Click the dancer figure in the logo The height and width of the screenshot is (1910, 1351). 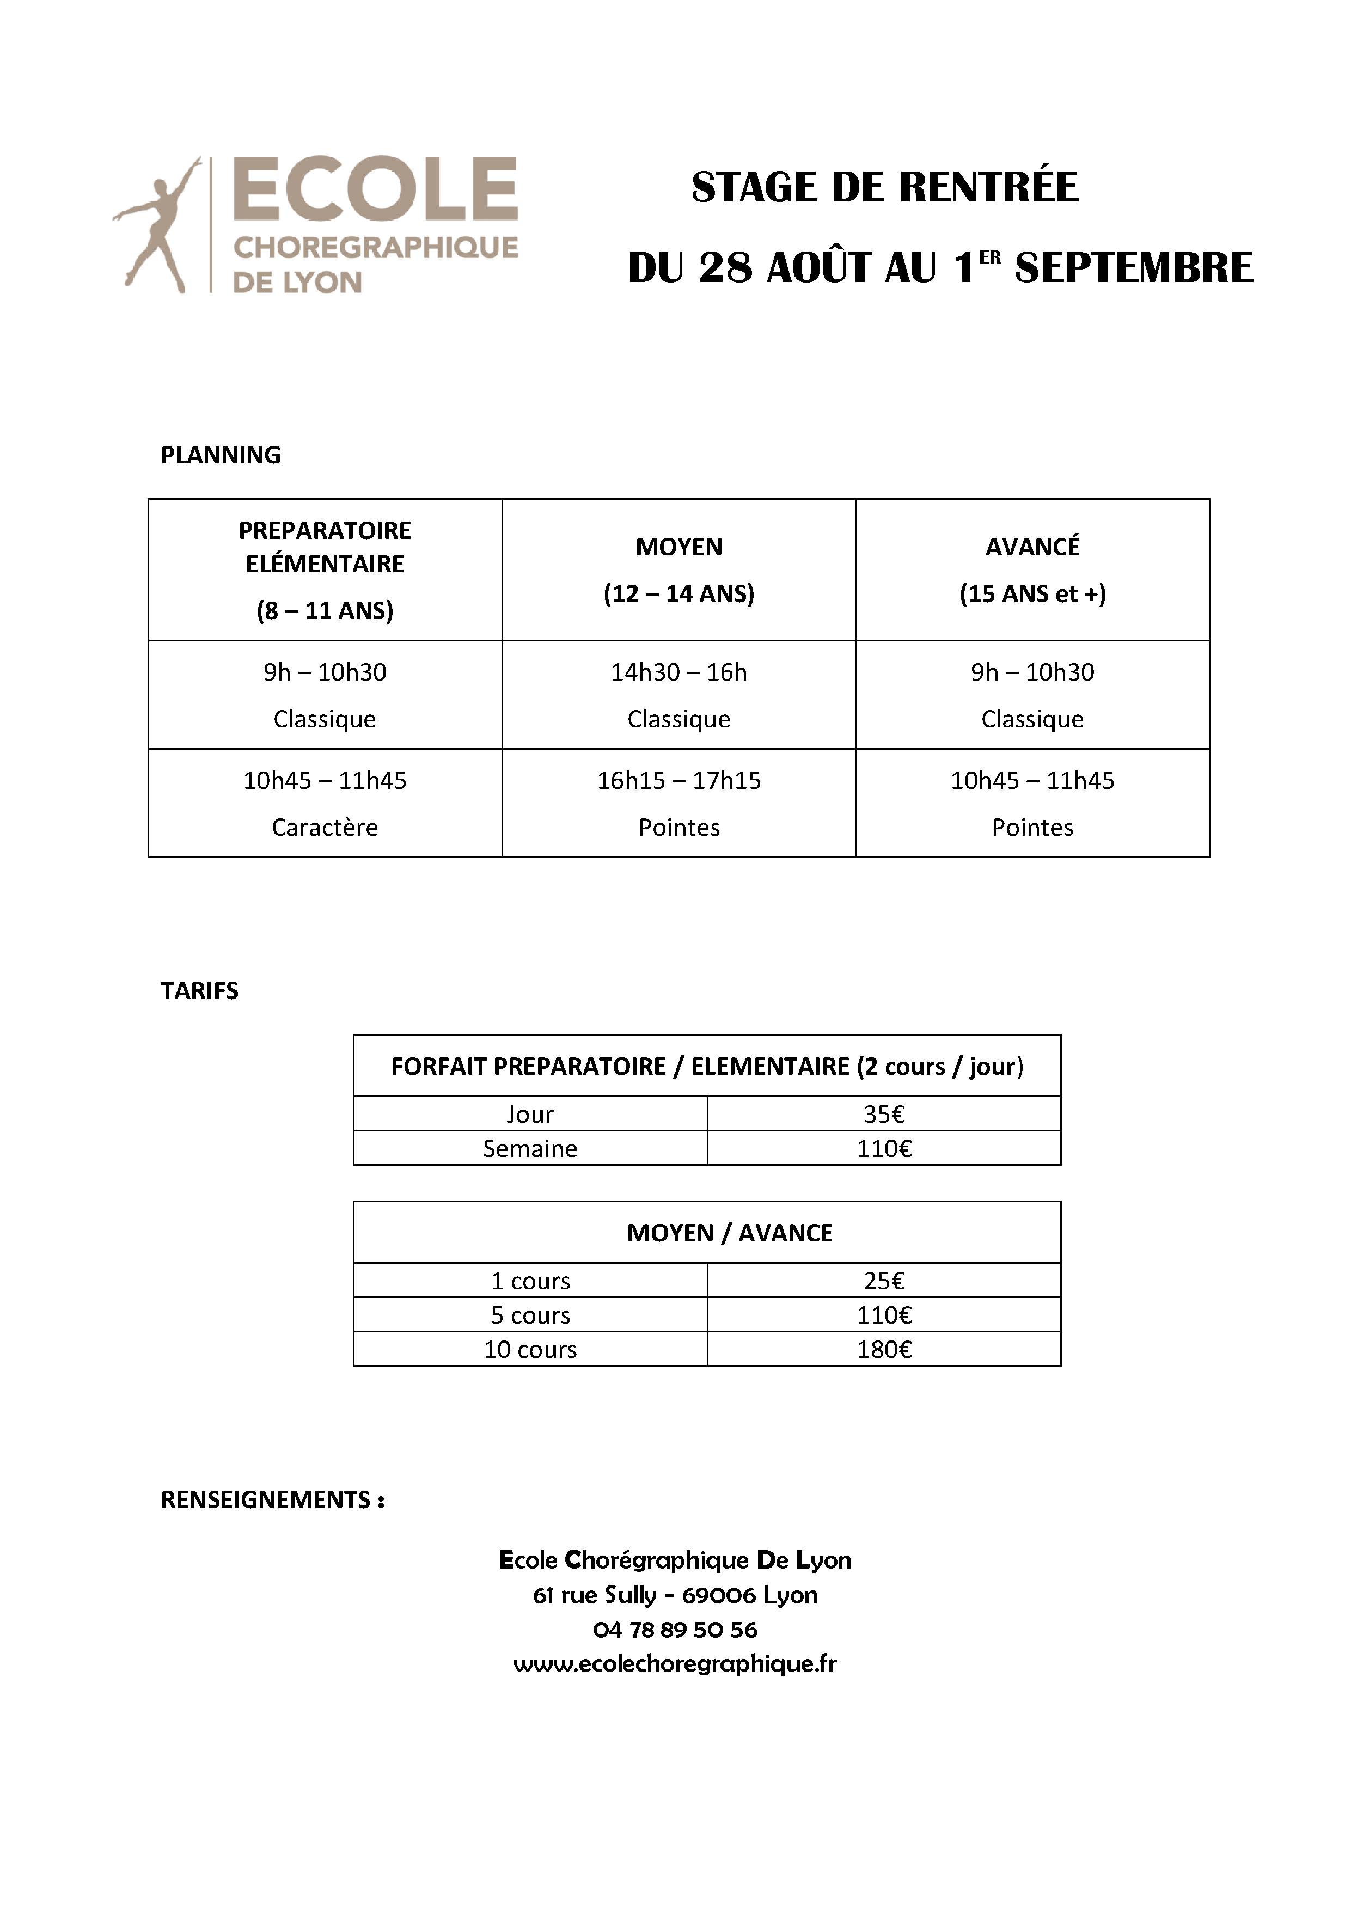(158, 225)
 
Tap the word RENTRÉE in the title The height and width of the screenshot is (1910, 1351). (988, 187)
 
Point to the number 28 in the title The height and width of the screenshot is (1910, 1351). (725, 268)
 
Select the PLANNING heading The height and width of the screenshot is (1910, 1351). (221, 455)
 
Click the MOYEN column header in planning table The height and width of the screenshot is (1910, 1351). (679, 547)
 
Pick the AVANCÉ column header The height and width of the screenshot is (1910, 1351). (1032, 547)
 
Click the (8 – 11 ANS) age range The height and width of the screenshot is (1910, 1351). (325, 610)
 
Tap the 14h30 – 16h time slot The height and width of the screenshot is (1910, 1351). (679, 672)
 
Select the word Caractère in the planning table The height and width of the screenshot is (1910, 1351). (325, 827)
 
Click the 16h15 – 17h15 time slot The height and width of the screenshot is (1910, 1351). (679, 780)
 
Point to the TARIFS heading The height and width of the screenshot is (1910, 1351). (200, 991)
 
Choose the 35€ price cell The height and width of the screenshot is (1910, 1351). (883, 1114)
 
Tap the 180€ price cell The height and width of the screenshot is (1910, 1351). (883, 1349)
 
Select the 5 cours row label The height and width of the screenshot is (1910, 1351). (530, 1315)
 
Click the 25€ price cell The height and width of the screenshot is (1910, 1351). (883, 1281)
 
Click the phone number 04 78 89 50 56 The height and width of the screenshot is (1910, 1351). (675, 1630)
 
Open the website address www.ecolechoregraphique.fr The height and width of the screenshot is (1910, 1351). (675, 1664)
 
